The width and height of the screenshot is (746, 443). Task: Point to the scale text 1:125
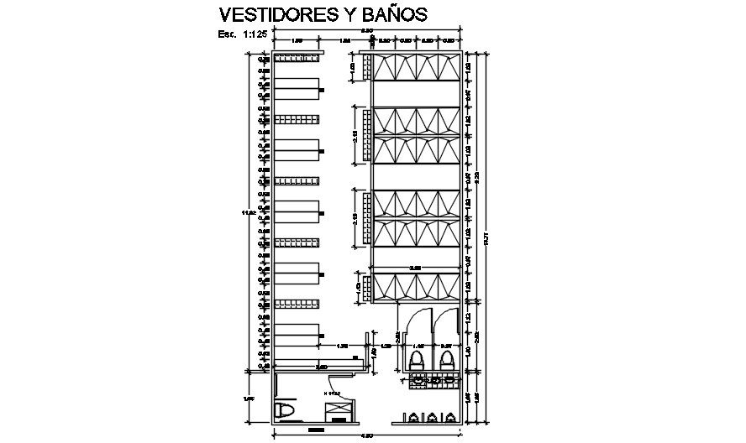coord(255,34)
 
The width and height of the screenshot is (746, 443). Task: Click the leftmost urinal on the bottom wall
coord(412,417)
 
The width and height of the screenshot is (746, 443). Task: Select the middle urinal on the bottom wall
coord(431,417)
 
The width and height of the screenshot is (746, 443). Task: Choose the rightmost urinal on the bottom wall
coord(450,417)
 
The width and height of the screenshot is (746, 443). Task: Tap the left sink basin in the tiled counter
coord(420,381)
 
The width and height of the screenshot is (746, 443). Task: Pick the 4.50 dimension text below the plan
coord(367,436)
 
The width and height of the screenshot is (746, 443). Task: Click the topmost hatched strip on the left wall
coord(297,59)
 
